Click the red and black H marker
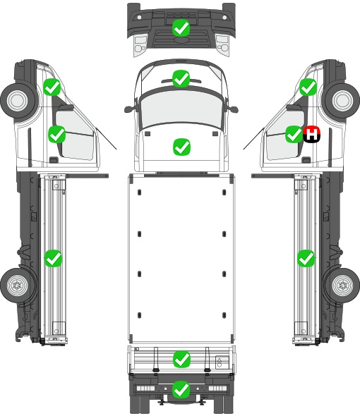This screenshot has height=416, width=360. (x=311, y=134)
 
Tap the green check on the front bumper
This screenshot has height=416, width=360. (x=181, y=28)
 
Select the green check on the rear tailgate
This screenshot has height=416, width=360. (x=181, y=360)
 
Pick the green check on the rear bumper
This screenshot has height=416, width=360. (x=181, y=389)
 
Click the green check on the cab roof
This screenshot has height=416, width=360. (x=181, y=79)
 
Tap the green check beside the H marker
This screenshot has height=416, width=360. (x=294, y=134)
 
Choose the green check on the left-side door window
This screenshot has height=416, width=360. (x=57, y=134)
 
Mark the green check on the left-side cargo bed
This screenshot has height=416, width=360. (x=53, y=258)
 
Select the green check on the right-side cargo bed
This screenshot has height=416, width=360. (x=306, y=258)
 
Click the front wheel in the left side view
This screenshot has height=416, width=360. (x=18, y=101)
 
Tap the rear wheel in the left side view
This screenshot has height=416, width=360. (x=17, y=286)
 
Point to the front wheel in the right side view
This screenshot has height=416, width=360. (x=342, y=101)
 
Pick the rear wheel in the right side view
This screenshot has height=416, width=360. (x=343, y=286)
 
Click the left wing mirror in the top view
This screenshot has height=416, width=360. (x=129, y=109)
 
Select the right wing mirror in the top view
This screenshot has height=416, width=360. (x=232, y=109)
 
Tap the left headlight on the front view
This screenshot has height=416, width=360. (x=140, y=44)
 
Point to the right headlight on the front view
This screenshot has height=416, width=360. (x=222, y=44)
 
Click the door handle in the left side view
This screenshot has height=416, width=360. (x=54, y=160)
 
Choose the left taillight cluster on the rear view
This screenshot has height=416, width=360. (x=145, y=388)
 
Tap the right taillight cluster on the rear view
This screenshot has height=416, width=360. (x=218, y=388)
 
